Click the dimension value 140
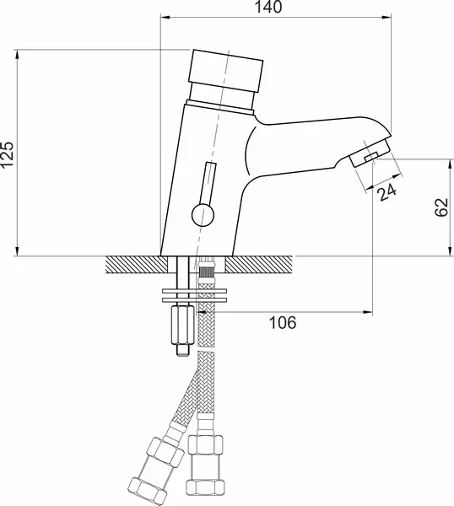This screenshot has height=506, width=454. point(268,7)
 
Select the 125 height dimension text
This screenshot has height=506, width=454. point(7,154)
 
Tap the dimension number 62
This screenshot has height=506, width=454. point(441,207)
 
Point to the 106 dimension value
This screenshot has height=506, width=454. point(283,322)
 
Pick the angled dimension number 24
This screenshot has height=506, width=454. point(387,191)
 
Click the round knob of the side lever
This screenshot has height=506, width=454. point(203,215)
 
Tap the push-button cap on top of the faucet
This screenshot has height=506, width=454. point(225,70)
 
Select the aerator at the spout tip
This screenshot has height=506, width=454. point(370,152)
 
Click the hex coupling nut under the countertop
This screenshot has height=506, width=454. point(182,326)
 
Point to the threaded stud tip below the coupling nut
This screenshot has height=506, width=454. point(183,350)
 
